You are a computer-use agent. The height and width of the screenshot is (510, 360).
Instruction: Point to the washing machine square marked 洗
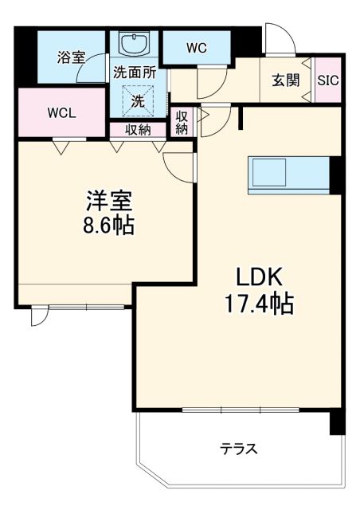coord(138,101)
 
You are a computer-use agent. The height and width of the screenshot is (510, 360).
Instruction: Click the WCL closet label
coord(62,112)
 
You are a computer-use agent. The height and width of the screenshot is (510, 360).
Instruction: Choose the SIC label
coord(327,80)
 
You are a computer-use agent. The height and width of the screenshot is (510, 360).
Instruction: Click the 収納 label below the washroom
coord(138,130)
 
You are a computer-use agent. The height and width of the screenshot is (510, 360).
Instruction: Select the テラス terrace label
coord(239,449)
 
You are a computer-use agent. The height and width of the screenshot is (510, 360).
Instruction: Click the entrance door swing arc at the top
coord(277,36)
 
